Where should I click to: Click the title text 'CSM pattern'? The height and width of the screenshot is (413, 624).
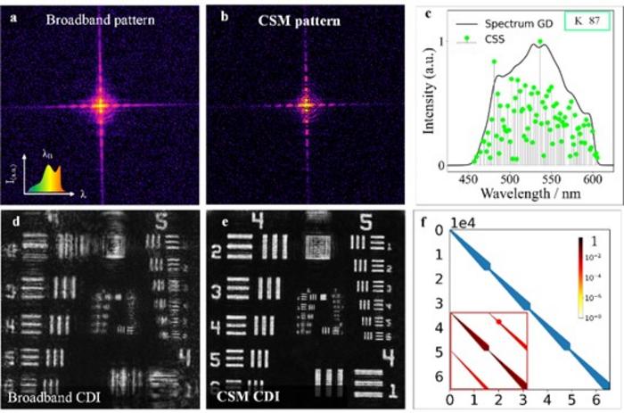[x=308, y=18]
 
